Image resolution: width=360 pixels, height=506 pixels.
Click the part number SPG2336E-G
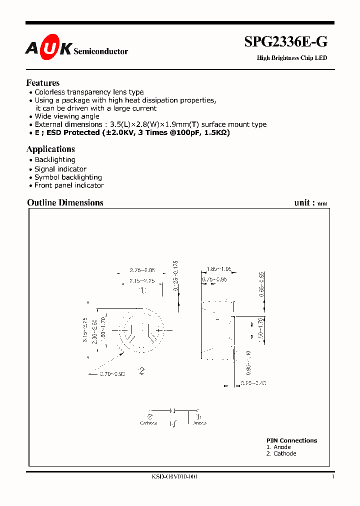(285, 42)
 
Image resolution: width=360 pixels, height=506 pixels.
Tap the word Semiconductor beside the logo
(100, 51)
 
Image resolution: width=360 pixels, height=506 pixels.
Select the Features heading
(42, 83)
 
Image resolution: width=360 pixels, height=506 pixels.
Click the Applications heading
(50, 149)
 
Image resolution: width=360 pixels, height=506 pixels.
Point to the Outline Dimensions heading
(65, 202)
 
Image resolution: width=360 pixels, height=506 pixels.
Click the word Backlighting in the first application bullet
(55, 160)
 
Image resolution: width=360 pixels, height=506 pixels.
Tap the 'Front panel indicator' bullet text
(69, 185)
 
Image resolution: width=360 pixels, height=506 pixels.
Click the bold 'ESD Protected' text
(72, 132)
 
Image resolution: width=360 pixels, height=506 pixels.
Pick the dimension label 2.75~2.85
(142, 270)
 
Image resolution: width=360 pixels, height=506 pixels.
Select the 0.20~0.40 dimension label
(253, 383)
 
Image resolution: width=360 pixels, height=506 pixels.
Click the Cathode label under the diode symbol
(148, 423)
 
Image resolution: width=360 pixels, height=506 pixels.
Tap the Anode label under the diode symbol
(199, 423)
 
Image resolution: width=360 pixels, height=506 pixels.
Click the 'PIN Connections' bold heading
(291, 440)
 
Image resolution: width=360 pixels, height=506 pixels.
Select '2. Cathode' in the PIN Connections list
(281, 453)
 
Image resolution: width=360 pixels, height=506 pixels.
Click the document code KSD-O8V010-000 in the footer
(174, 477)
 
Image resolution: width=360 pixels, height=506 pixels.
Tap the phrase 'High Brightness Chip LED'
(292, 58)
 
